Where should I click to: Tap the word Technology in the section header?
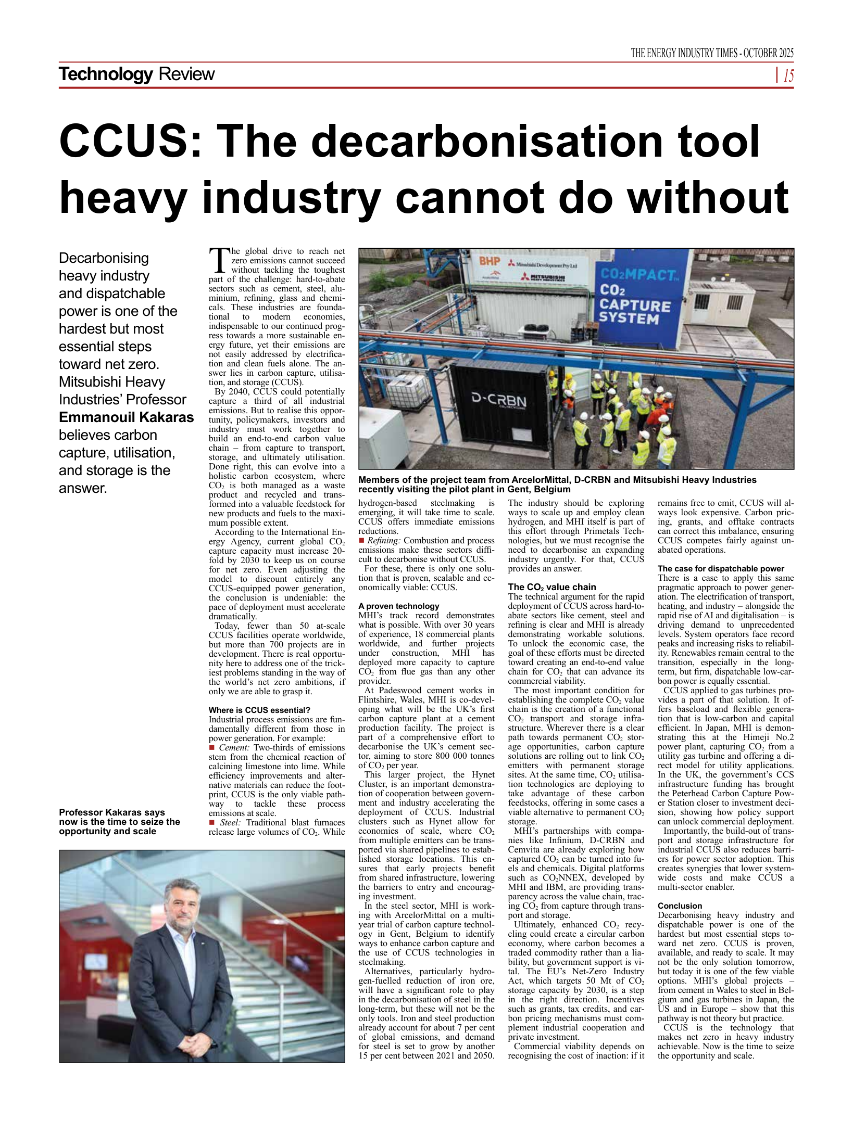(x=106, y=74)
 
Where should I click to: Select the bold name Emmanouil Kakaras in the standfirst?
(x=126, y=417)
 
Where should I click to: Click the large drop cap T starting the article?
(x=219, y=260)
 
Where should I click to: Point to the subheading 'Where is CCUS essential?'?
(x=259, y=710)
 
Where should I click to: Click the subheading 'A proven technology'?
(x=398, y=606)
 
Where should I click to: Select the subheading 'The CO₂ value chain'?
(x=552, y=587)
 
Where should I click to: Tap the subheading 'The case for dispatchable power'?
(x=721, y=568)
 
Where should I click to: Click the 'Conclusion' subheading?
(x=680, y=906)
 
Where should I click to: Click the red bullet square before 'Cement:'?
(x=211, y=748)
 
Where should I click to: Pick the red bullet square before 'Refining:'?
(x=361, y=541)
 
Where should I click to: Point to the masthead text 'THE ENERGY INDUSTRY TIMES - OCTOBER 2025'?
(x=712, y=53)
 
